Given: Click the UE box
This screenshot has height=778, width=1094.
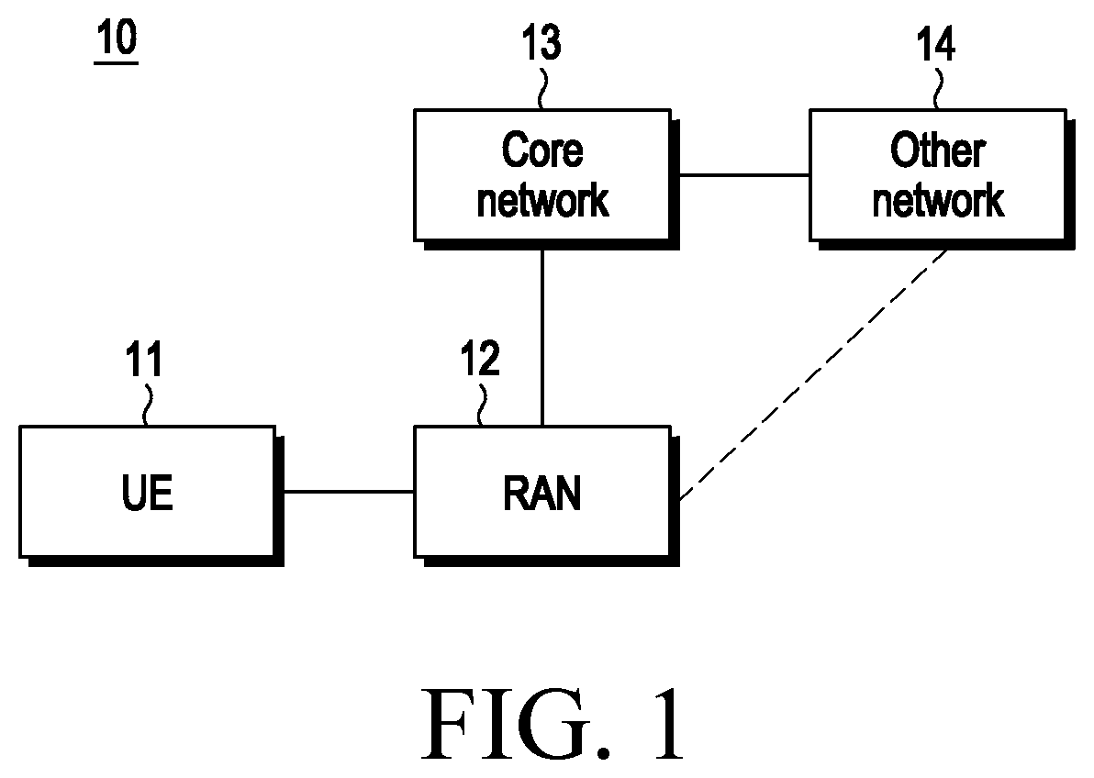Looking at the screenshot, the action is pos(147,492).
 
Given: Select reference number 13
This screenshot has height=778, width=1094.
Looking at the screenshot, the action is pos(541,42).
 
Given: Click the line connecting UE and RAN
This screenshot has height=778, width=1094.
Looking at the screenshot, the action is pos(349,492).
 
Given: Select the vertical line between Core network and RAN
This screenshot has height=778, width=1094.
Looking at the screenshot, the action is pos(542,338).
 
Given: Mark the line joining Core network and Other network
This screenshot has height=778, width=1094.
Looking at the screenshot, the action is pos(744,175).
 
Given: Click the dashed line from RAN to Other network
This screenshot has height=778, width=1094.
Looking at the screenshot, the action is pos(813,375).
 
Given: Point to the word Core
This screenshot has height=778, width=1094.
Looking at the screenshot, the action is pos(542,150).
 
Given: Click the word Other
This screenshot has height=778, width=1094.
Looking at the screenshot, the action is pos(938,150).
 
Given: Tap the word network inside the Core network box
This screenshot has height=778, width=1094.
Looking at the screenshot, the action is pos(542,201).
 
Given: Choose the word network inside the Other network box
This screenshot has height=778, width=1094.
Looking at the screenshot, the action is pos(938,201).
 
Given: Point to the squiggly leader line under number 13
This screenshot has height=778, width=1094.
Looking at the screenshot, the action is pos(542,87).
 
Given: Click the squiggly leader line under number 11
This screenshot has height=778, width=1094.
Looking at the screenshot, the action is pos(147,404).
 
